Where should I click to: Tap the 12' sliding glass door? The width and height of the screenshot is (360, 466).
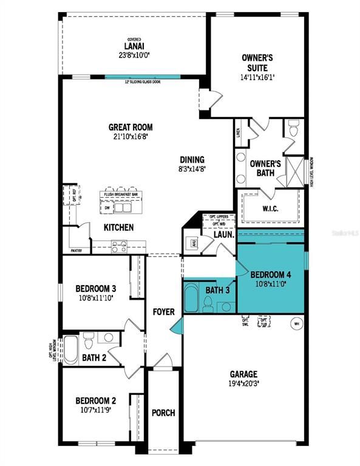[142, 77]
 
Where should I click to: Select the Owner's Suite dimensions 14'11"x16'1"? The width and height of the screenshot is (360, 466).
[257, 78]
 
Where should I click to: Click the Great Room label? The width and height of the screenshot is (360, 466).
[130, 127]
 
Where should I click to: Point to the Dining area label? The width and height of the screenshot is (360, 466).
[191, 160]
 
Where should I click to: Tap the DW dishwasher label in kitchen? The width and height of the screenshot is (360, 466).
[107, 208]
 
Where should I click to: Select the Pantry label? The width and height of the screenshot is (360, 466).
[76, 250]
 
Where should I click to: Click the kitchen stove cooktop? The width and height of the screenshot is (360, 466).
[119, 246]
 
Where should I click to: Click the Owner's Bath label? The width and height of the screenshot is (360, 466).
[265, 168]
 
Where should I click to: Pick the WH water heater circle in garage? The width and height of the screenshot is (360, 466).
[297, 323]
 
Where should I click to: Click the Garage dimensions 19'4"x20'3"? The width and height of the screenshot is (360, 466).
[243, 383]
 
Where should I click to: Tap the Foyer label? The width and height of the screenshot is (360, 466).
[163, 312]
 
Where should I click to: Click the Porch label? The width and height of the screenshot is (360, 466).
[163, 413]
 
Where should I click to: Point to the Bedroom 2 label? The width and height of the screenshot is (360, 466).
[95, 400]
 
